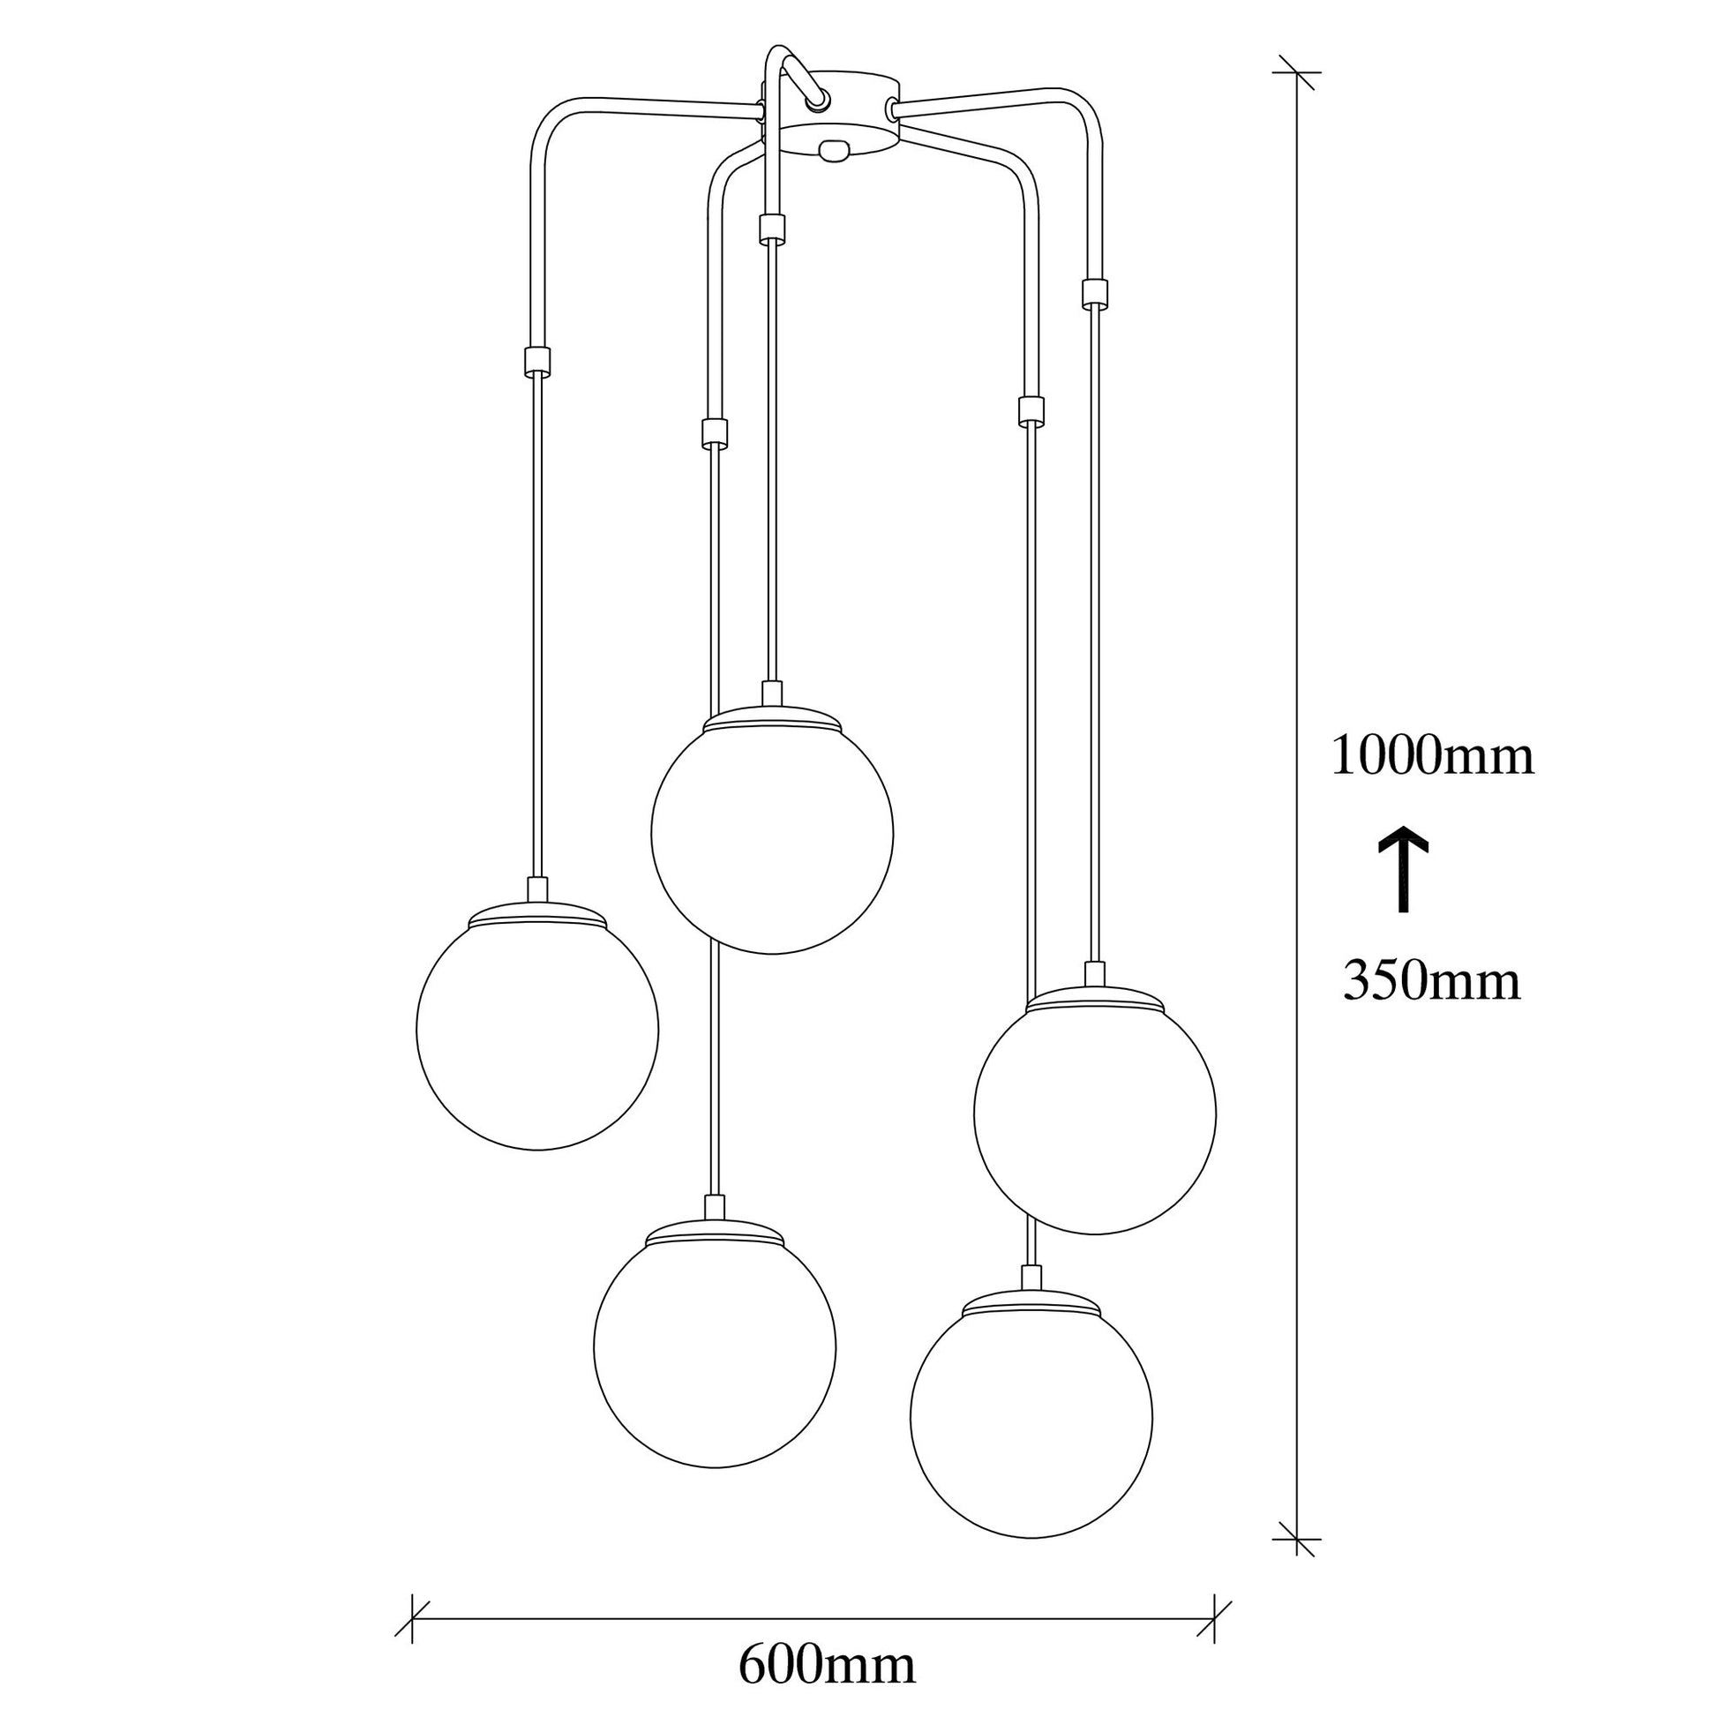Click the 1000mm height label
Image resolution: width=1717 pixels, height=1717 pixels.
[1432, 757]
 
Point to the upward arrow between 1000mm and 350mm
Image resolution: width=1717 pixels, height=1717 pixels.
[1403, 867]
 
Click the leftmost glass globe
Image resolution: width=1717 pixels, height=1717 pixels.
[537, 1029]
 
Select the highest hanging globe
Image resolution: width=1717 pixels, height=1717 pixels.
[772, 833]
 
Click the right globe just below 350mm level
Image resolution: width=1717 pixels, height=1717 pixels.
[1095, 1113]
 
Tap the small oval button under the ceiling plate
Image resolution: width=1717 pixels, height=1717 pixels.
[833, 152]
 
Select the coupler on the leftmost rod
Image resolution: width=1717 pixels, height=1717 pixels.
[536, 360]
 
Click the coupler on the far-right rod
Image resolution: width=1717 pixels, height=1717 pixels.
[1095, 293]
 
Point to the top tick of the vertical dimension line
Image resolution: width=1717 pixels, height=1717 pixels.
[1297, 72]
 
